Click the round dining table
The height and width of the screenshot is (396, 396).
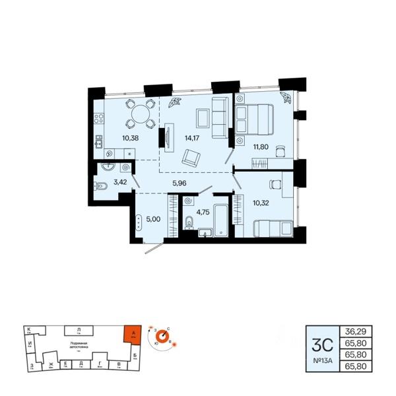pyautogui.click(x=140, y=114)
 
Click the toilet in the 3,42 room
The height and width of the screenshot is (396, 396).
pyautogui.click(x=101, y=187)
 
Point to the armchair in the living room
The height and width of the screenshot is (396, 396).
pyautogui.click(x=193, y=158)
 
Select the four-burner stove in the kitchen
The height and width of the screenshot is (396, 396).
pyautogui.click(x=99, y=119)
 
